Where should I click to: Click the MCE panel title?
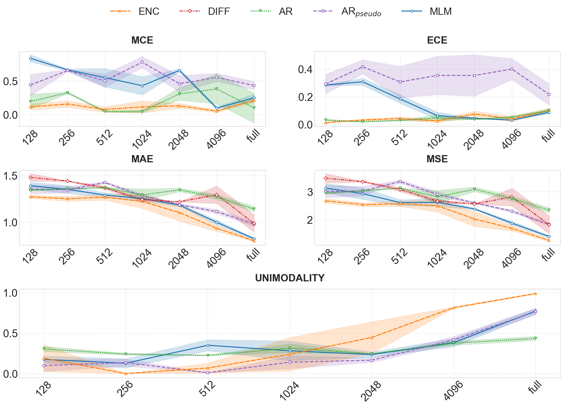click(142, 41)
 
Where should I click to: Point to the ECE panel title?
click(437, 41)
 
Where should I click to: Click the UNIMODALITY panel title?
click(290, 278)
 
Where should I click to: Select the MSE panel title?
click(437, 159)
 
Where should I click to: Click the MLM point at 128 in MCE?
click(30, 58)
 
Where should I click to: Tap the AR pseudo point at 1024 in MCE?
click(142, 62)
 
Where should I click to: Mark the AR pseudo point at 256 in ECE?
click(363, 67)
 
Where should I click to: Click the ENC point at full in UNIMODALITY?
click(535, 293)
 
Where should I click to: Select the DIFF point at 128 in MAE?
click(30, 177)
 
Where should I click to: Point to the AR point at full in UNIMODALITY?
click(535, 338)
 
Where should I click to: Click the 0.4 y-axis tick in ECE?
click(305, 70)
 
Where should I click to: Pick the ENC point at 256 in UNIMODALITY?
click(126, 374)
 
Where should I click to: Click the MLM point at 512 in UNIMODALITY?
click(208, 345)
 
